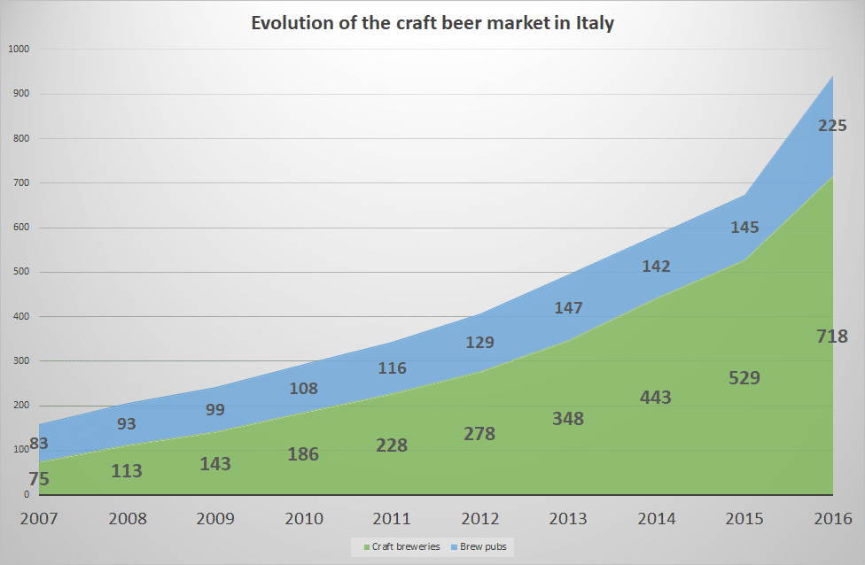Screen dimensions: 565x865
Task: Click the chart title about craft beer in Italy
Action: tap(432, 24)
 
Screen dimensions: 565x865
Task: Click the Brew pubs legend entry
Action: tap(484, 547)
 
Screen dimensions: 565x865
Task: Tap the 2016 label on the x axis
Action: tap(832, 519)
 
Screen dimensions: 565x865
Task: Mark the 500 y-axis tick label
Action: tap(19, 272)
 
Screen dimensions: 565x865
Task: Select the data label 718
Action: tap(832, 337)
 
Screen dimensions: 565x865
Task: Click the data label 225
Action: tap(831, 126)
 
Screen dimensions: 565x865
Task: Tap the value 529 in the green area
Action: tap(744, 377)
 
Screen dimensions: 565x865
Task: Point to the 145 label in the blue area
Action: tap(744, 228)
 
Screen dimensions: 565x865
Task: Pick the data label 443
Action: tap(655, 398)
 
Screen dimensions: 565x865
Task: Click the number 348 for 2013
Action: tap(567, 418)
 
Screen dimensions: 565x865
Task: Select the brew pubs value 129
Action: tap(479, 343)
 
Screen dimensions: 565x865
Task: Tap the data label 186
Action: tap(302, 455)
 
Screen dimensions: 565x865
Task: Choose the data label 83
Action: tap(38, 443)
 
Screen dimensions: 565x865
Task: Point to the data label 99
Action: tap(214, 410)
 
